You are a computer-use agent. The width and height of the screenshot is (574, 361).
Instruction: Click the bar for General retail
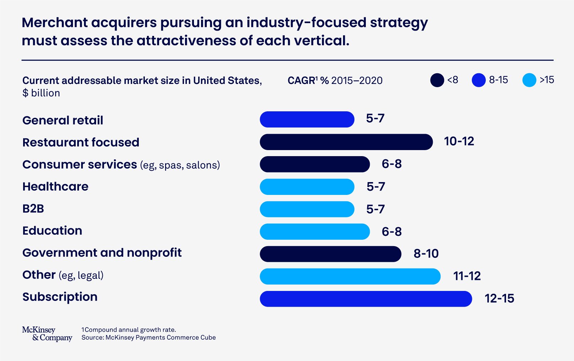[307, 120]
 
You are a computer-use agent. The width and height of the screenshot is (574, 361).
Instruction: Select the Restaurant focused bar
[346, 142]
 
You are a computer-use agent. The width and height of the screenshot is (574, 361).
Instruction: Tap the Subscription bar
[365, 299]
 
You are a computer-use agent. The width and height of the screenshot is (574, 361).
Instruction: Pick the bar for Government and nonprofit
[330, 254]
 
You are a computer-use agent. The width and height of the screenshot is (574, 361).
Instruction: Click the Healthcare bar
[307, 187]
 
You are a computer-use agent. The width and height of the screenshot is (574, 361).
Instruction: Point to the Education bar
[315, 232]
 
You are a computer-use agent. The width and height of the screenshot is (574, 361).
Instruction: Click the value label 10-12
[459, 142]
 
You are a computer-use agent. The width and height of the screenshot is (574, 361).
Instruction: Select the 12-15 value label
[499, 298]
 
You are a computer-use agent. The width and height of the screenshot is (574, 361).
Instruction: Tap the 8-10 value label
[426, 254]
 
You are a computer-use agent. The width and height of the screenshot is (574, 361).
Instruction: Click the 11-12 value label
[467, 276]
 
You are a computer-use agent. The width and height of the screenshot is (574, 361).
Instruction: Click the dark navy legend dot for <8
[437, 80]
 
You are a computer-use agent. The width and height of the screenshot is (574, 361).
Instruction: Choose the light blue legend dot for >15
[529, 80]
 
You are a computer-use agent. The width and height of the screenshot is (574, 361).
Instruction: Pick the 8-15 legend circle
[478, 80]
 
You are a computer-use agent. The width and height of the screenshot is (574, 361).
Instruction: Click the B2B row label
[33, 209]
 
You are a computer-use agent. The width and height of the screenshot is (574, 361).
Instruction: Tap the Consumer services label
[80, 165]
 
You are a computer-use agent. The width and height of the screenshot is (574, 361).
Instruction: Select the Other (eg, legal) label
[63, 275]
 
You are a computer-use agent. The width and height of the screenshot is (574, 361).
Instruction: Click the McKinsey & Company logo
[47, 334]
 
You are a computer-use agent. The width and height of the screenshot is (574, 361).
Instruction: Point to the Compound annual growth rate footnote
[129, 330]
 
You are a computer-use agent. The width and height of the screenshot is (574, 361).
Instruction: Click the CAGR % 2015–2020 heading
[335, 80]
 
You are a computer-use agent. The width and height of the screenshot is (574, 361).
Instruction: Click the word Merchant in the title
[54, 23]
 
